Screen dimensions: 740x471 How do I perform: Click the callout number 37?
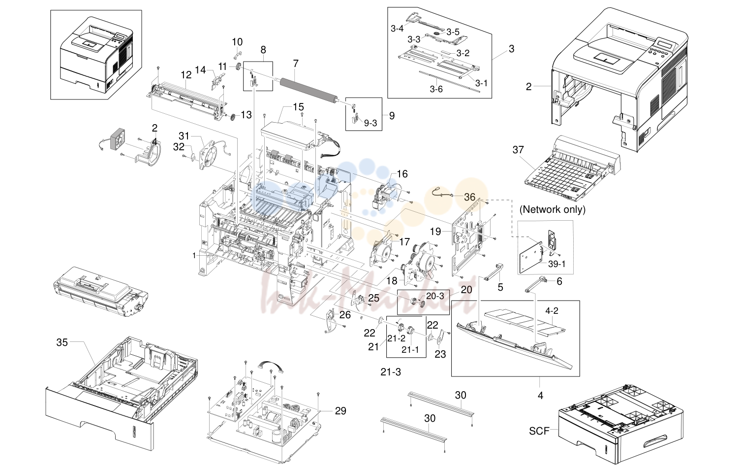tap(518, 150)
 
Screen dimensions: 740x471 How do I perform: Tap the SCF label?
tap(539, 431)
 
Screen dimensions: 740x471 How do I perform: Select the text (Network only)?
tap(553, 209)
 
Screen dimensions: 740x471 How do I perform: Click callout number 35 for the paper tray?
tap(62, 342)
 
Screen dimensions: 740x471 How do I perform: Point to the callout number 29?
tap(340, 411)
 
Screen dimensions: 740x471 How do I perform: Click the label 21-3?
tap(391, 372)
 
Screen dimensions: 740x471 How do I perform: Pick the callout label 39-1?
tap(557, 264)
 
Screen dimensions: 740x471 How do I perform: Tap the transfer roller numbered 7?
tap(308, 90)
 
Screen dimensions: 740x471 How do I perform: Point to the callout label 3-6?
tap(436, 89)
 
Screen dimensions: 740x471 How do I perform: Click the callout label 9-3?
tap(370, 123)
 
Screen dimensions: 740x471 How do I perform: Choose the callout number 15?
tap(298, 107)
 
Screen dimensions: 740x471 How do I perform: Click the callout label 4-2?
tap(552, 311)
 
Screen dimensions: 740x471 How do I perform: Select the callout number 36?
tap(469, 197)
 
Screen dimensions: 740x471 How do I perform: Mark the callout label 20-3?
tap(435, 297)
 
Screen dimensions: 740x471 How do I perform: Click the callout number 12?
tap(186, 75)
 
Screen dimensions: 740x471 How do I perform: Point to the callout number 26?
tap(345, 315)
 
